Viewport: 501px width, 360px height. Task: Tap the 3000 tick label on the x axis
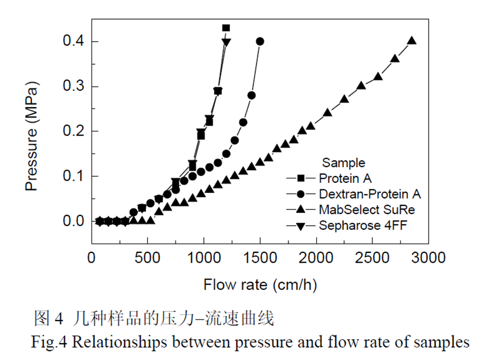tap(428, 258)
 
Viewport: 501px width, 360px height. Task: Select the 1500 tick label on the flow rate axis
tap(260, 258)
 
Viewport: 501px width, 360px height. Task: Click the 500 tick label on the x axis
tap(148, 258)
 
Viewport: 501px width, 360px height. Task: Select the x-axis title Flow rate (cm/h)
tap(260, 285)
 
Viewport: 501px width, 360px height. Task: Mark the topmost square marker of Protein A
tap(226, 28)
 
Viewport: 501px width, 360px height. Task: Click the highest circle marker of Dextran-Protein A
tap(260, 42)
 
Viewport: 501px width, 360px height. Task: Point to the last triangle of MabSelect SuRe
tap(412, 41)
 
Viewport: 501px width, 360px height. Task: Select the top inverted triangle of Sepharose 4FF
tap(226, 42)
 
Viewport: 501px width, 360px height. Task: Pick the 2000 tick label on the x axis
tap(316, 258)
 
